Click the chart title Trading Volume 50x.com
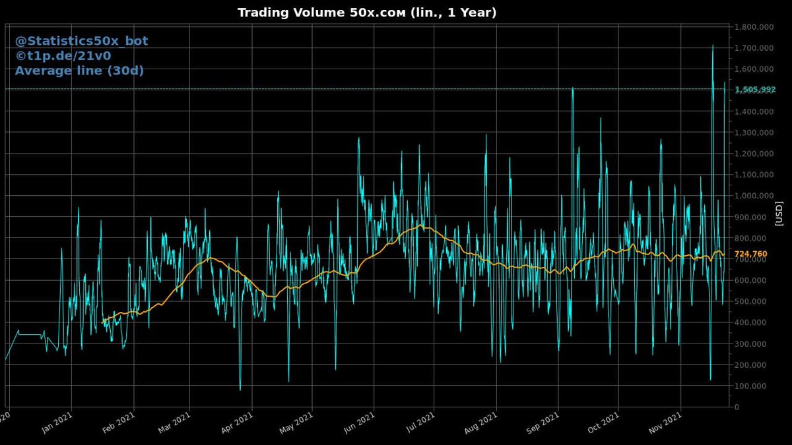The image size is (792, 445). (x=367, y=13)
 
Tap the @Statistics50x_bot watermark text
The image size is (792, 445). (x=81, y=41)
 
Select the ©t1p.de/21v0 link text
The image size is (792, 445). (x=63, y=56)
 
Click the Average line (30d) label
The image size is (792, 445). (x=79, y=71)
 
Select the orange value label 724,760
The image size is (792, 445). (x=750, y=254)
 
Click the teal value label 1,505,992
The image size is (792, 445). (x=755, y=89)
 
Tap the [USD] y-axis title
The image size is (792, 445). (x=779, y=214)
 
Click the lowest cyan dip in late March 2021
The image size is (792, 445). (x=240, y=389)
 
